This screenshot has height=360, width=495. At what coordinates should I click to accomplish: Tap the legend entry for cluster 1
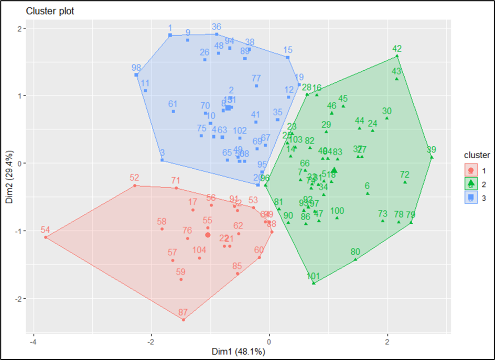(x=478, y=170)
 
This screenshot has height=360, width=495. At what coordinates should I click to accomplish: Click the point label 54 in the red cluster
(x=45, y=230)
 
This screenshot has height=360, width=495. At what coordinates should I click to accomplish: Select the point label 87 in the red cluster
(x=182, y=313)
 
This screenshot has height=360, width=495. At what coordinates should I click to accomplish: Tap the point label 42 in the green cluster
(x=397, y=49)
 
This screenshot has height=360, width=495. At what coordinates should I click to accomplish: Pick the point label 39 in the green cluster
(x=431, y=149)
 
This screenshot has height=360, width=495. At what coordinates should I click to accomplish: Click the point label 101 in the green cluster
(x=313, y=276)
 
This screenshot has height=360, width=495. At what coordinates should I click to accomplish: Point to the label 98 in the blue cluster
(x=136, y=68)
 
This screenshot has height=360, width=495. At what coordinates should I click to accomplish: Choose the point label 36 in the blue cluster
(x=217, y=27)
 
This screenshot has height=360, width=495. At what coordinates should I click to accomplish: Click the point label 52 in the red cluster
(x=134, y=178)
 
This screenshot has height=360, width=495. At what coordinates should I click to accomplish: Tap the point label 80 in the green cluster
(x=356, y=252)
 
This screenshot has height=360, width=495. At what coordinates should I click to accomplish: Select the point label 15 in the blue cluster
(x=288, y=50)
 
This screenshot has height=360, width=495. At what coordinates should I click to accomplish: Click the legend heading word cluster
(x=477, y=155)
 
